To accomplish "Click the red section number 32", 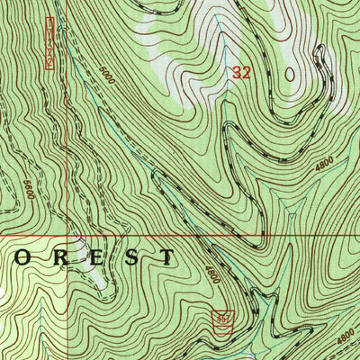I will (x=240, y=74).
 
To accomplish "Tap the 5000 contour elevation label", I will (x=108, y=73).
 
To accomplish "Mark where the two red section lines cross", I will (x=66, y=237).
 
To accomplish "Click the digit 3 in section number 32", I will (x=236, y=74).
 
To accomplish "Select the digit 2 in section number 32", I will (x=246, y=74).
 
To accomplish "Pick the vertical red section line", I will (x=66, y=135).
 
